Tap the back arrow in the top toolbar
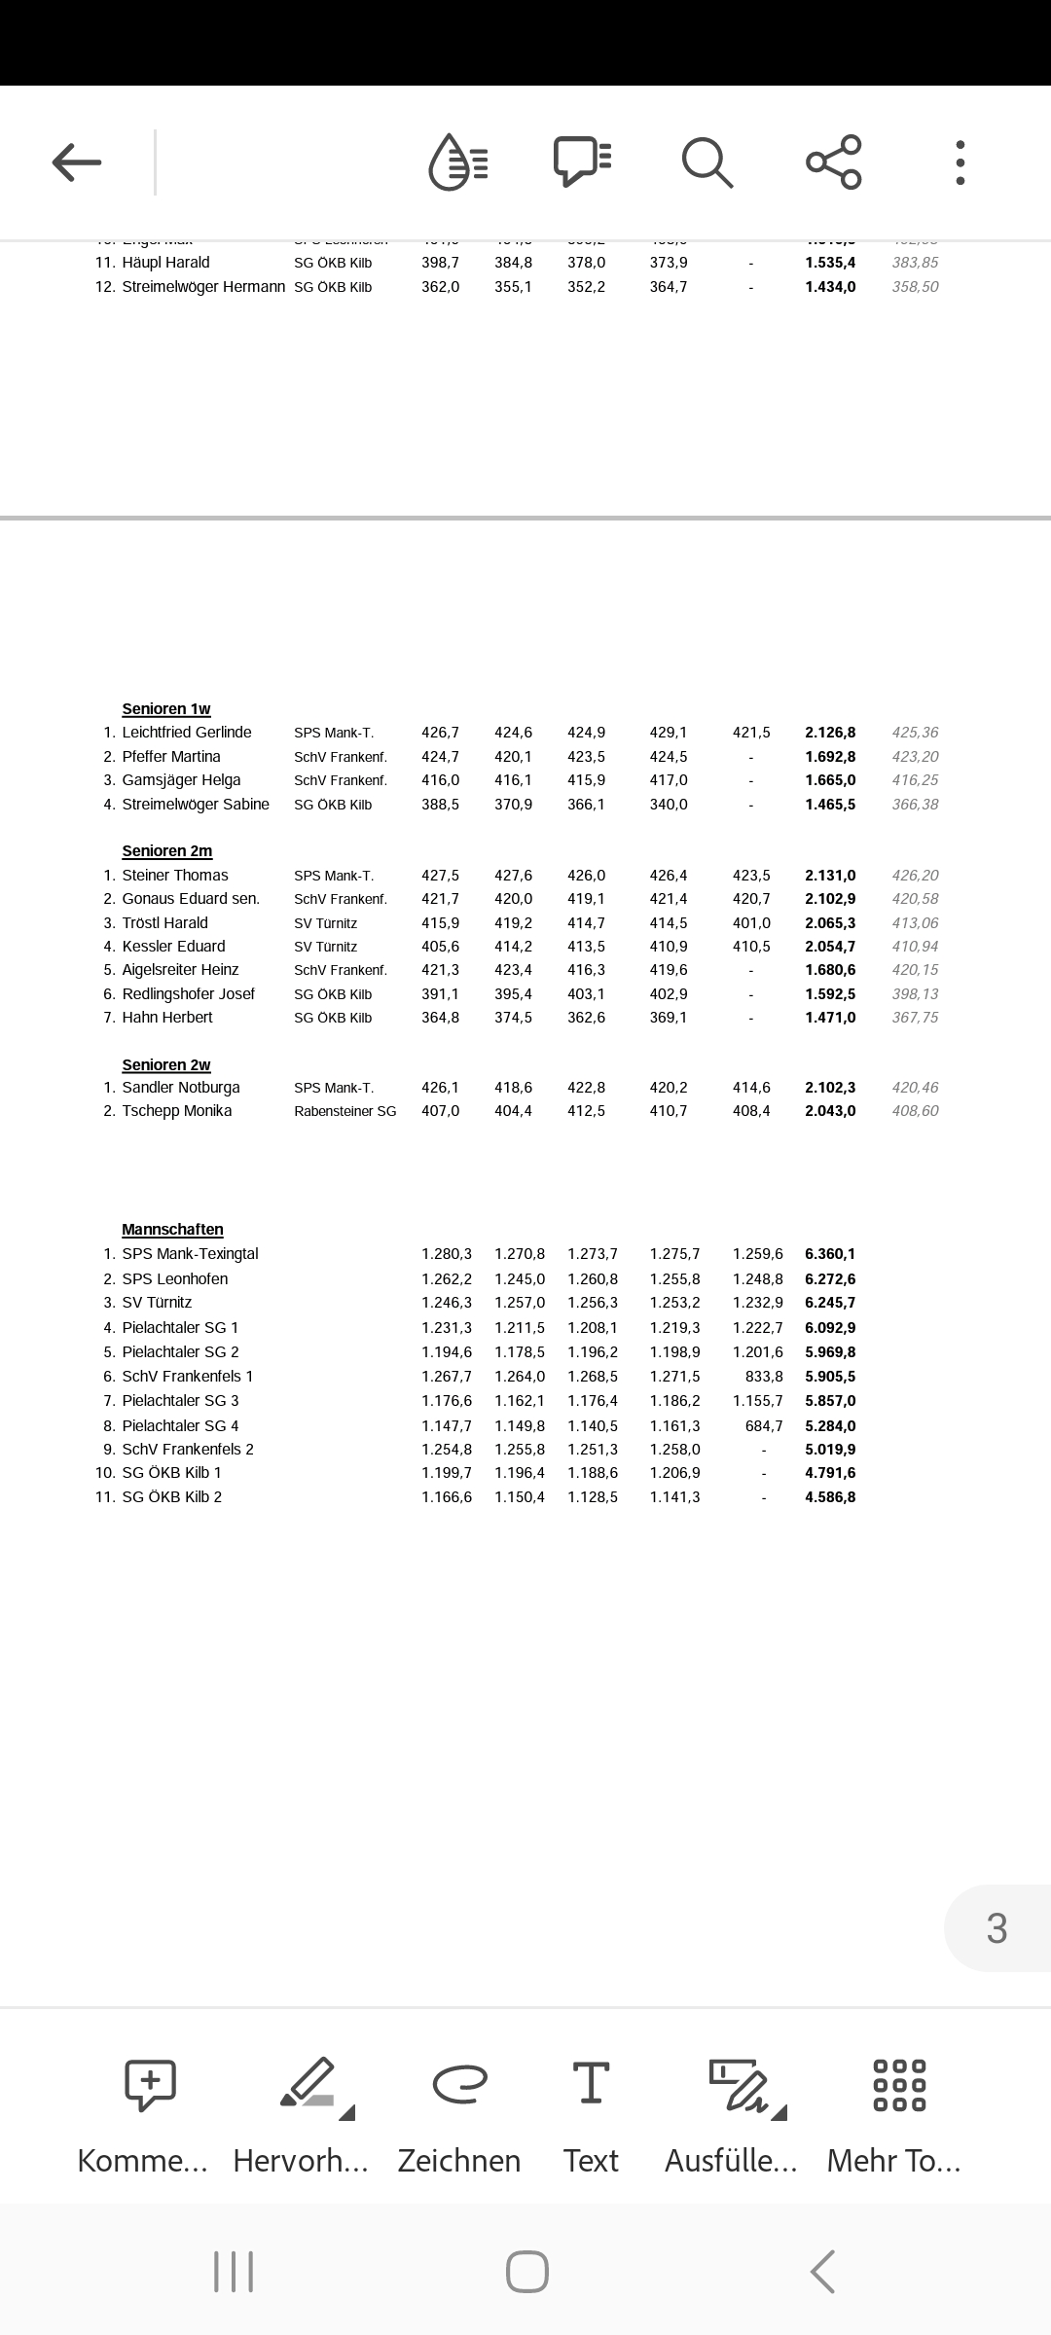(77, 162)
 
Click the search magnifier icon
(707, 162)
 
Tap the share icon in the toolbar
(834, 162)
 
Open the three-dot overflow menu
(960, 162)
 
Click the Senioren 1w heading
(166, 709)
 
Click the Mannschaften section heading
(172, 1230)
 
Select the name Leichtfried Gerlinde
(187, 733)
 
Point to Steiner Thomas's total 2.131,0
(830, 876)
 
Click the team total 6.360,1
(830, 1254)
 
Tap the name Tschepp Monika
(177, 1111)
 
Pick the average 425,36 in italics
(915, 733)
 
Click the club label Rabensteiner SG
(345, 1111)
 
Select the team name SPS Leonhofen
(175, 1279)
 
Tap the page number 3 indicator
(997, 1928)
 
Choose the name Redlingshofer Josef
(189, 994)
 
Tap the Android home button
(526, 2273)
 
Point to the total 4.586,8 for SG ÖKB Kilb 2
(830, 1497)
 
